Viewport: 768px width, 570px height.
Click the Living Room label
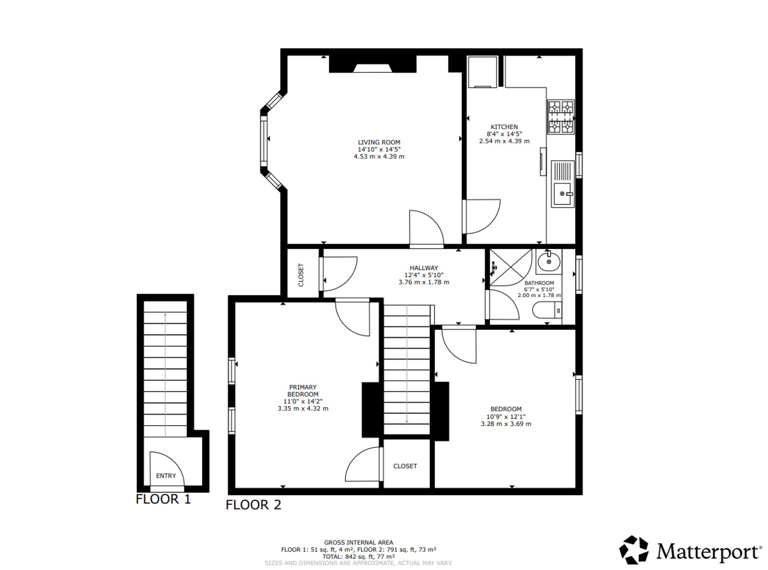[x=379, y=142]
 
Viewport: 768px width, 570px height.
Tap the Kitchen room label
[x=504, y=127]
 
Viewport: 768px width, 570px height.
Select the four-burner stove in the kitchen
[x=560, y=117]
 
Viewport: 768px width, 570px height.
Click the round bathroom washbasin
[x=548, y=262]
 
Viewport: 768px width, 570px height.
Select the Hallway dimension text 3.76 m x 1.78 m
[x=424, y=282]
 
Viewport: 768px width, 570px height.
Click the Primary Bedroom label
[x=303, y=391]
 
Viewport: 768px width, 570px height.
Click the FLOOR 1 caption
[x=163, y=499]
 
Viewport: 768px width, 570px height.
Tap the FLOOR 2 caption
[x=253, y=505]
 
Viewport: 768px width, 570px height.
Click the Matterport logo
[x=690, y=551]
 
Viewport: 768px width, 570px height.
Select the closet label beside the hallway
[x=301, y=275]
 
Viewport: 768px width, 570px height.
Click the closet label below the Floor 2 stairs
[x=405, y=466]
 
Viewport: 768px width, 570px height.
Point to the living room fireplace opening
[x=372, y=68]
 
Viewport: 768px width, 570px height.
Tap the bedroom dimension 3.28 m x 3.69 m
[x=506, y=424]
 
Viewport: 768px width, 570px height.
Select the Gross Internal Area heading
[x=358, y=542]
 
